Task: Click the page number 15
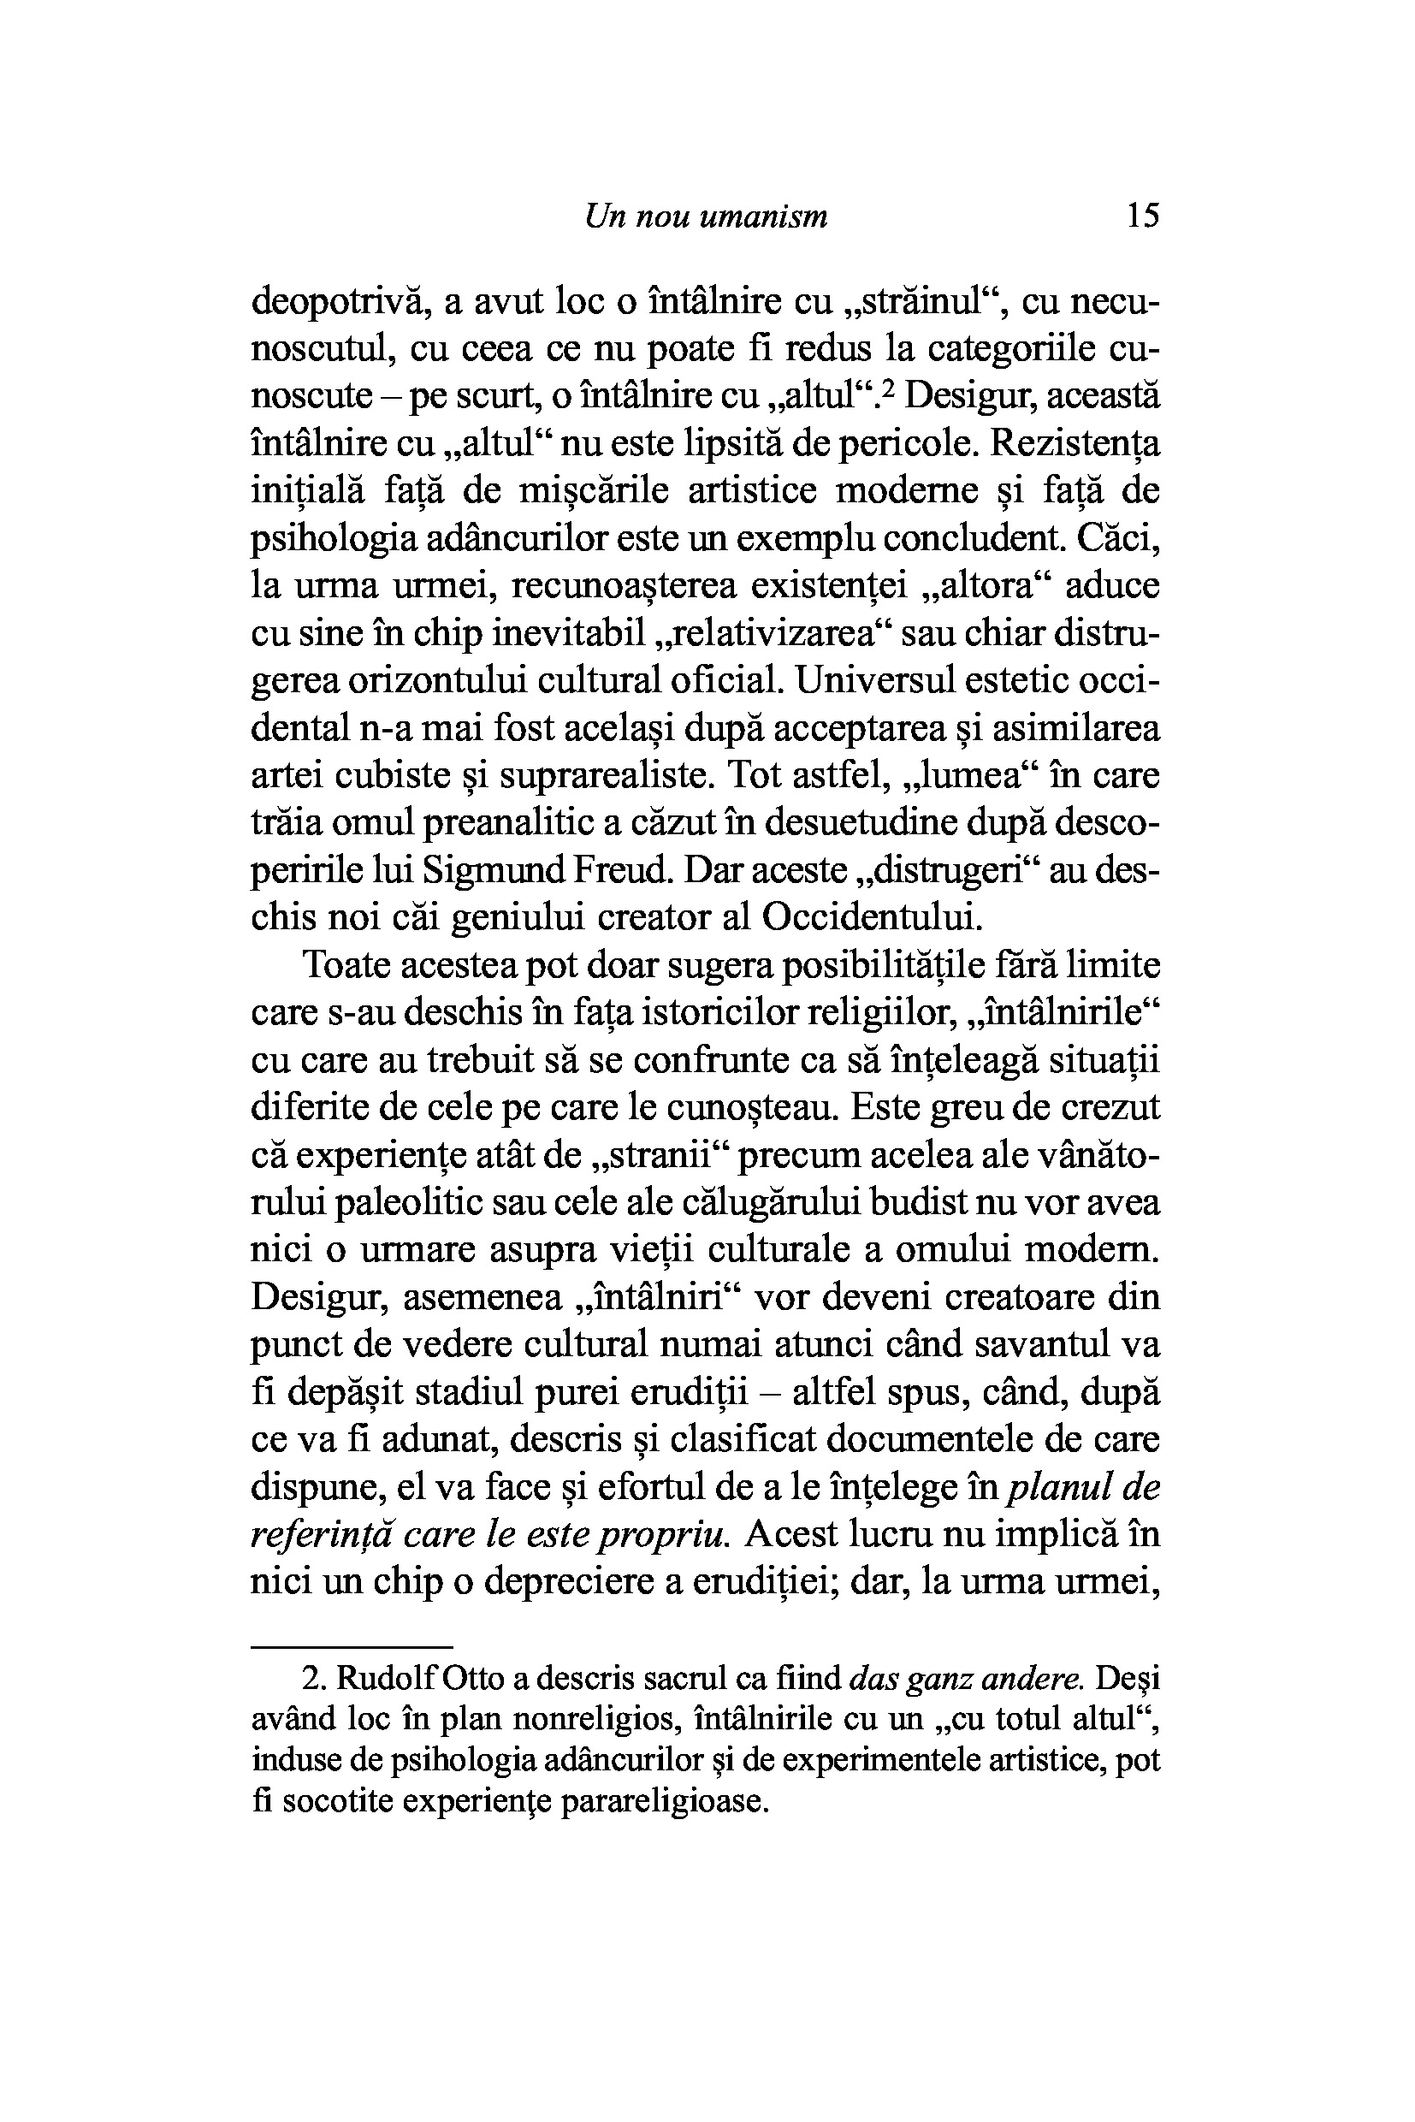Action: pyautogui.click(x=1142, y=216)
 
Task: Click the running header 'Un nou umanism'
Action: pyautogui.click(x=706, y=216)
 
